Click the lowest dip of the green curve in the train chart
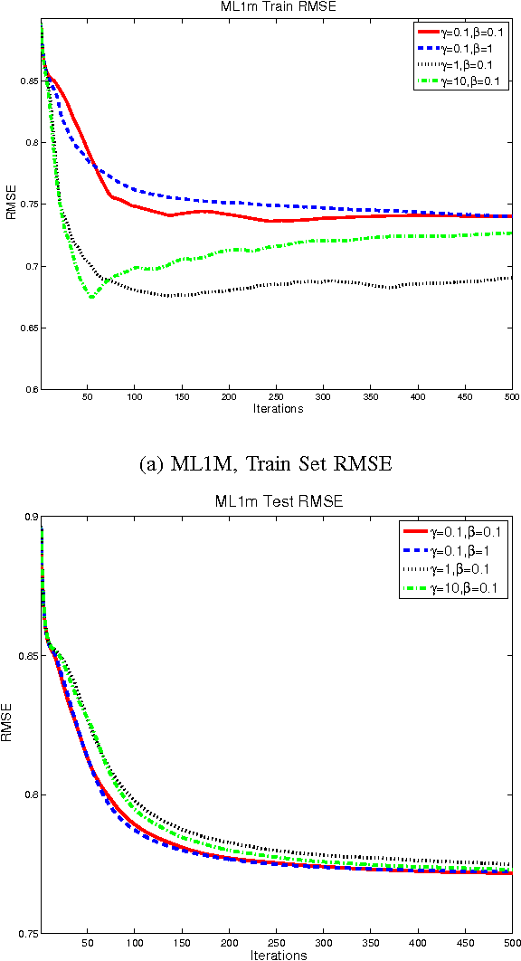(x=90, y=297)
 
